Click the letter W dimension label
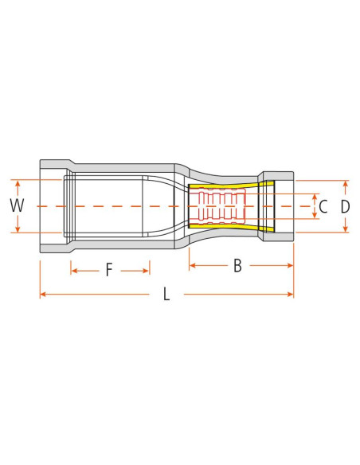point(17,205)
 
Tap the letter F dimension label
point(109,271)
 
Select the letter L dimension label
point(166,295)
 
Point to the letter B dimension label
point(237,266)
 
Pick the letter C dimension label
point(323,207)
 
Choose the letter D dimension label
point(345,207)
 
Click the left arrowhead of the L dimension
point(43,295)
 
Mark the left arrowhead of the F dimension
point(74,271)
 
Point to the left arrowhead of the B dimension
point(192,266)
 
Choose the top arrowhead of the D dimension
point(345,184)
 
